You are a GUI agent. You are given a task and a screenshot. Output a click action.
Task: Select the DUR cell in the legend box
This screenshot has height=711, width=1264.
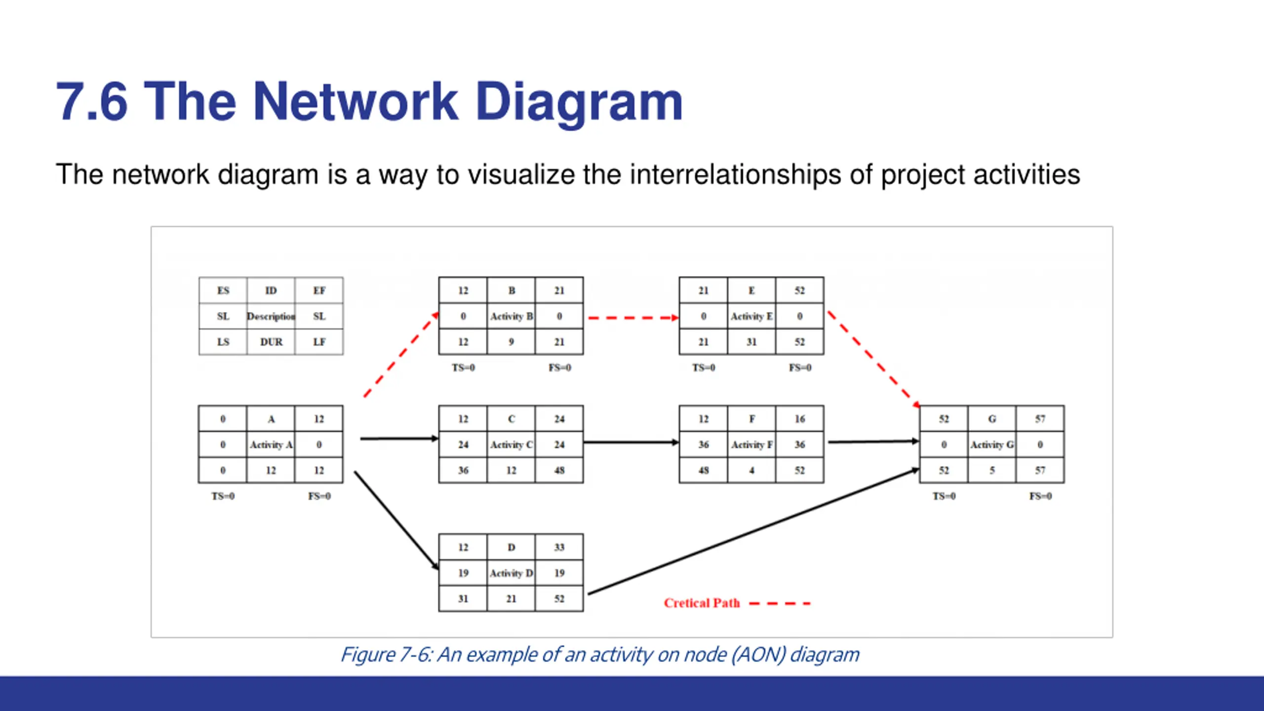(271, 342)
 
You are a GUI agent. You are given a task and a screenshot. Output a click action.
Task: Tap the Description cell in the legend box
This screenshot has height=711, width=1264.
(271, 316)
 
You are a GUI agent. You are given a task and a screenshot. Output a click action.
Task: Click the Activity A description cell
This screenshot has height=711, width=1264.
(271, 444)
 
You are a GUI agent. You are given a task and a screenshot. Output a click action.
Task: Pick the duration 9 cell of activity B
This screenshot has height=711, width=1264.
(511, 342)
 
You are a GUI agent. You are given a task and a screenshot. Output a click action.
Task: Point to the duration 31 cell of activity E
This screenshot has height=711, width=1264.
(751, 342)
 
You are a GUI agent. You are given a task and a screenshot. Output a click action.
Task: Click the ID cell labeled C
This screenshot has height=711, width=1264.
(511, 419)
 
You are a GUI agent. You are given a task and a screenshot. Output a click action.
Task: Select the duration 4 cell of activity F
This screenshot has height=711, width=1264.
(751, 470)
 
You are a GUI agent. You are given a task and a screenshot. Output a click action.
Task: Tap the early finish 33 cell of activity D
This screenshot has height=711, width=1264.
(559, 547)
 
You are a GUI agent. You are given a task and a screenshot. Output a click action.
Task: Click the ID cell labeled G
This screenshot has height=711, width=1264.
(992, 419)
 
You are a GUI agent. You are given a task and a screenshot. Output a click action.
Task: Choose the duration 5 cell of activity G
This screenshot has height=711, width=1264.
(992, 470)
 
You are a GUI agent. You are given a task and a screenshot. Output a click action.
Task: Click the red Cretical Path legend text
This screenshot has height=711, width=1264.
(702, 603)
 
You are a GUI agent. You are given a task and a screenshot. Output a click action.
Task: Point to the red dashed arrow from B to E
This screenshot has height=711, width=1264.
(633, 318)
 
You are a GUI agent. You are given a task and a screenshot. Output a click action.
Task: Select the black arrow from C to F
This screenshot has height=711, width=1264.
(632, 442)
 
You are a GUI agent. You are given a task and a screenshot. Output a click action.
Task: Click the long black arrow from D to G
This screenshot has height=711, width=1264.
(753, 531)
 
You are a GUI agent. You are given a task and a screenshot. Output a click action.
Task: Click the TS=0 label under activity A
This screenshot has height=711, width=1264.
(223, 496)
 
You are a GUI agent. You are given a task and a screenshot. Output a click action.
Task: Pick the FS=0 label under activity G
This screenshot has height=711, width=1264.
(1040, 496)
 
